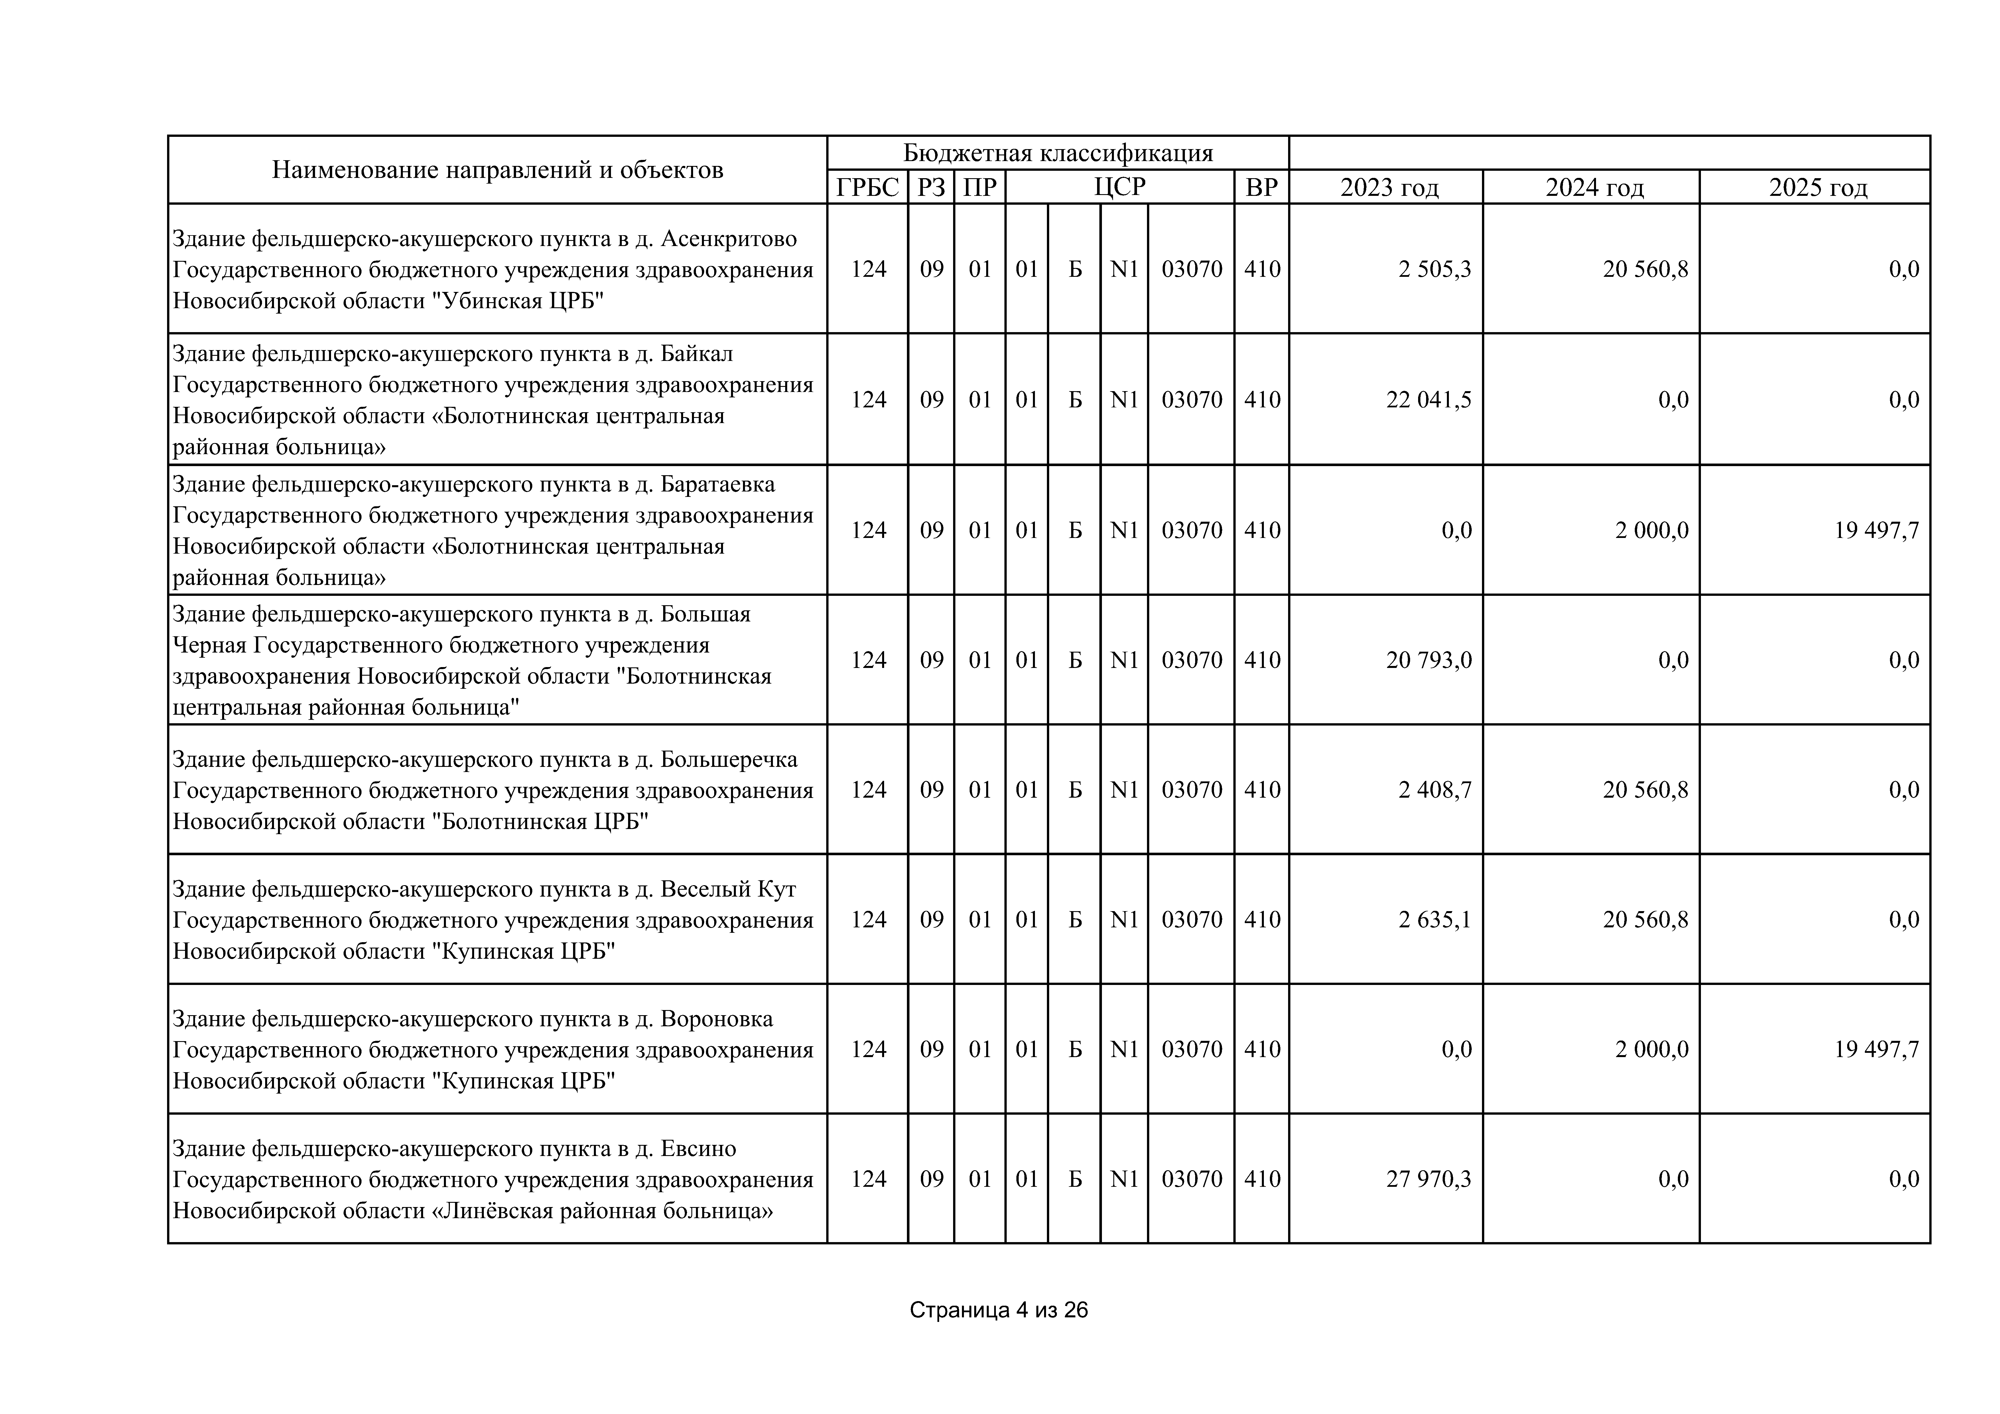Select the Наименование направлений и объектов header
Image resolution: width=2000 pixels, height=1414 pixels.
point(498,170)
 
